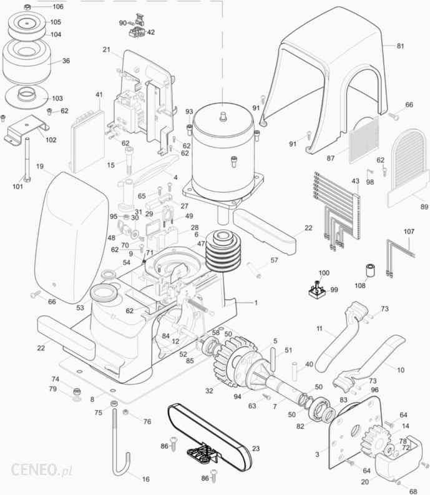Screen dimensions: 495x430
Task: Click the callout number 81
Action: pos(400,46)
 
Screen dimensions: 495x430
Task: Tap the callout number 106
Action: pos(57,7)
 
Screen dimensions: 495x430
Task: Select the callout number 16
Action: pos(146,479)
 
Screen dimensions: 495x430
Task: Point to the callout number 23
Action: pos(256,448)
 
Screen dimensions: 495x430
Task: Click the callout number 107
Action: pos(409,232)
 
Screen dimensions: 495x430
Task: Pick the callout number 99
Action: pos(333,290)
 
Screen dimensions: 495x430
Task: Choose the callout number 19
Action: pos(40,167)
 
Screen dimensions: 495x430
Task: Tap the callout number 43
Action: pos(356,181)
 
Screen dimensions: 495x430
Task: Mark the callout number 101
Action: pos(17,187)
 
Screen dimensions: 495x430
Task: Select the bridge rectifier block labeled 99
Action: pos(317,290)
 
